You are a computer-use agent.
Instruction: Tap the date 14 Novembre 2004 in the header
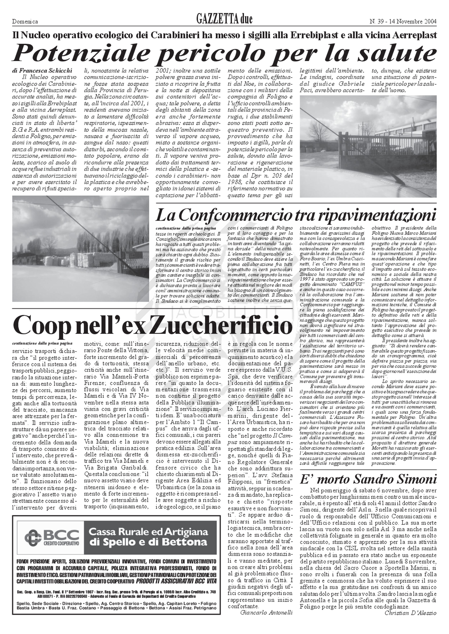click(x=412, y=21)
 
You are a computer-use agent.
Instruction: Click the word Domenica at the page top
click(x=25, y=22)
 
